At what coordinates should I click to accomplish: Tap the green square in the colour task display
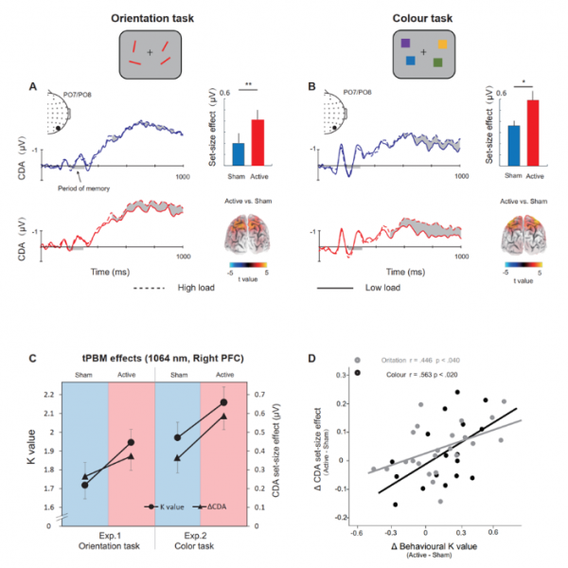tap(437, 62)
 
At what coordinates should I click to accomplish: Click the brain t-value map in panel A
tap(251, 233)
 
